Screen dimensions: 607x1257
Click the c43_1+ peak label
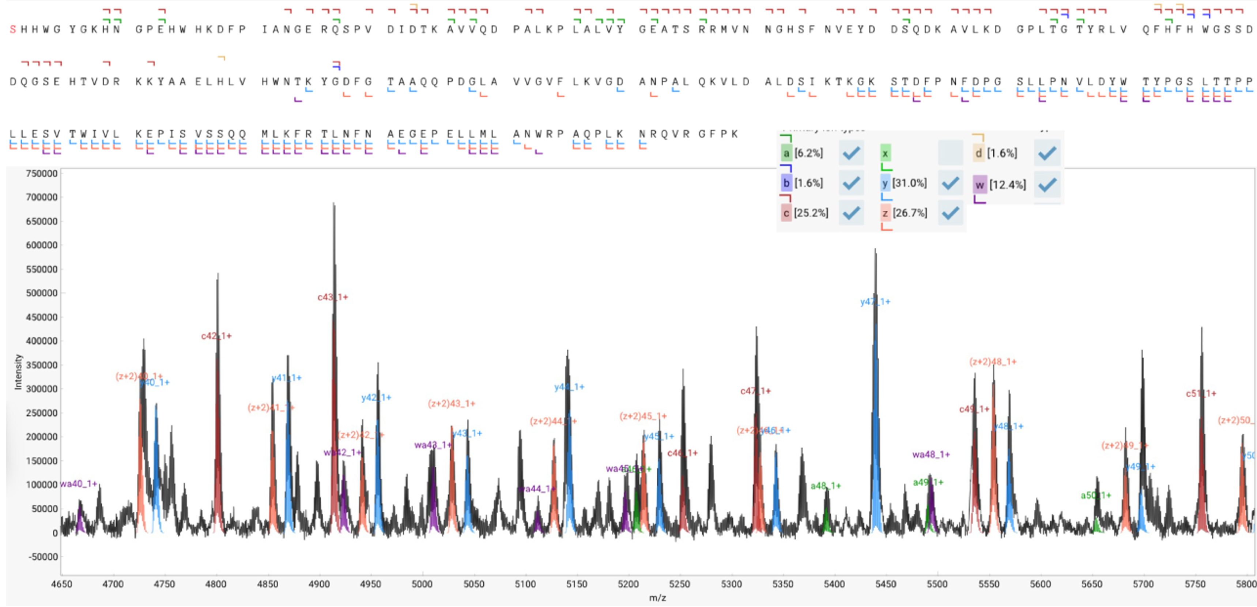332,297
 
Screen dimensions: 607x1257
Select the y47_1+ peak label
875,302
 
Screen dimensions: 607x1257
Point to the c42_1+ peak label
216,336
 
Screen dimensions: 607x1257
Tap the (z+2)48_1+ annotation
993,362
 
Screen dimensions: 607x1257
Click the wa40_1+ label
79,483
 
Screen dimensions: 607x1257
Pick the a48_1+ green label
826,486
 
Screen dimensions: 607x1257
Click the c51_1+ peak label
1201,393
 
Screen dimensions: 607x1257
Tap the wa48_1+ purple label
931,454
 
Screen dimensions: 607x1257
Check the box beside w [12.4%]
1047,184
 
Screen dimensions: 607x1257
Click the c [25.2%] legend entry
805,213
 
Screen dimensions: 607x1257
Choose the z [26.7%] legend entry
904,213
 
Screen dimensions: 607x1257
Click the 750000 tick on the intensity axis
41,174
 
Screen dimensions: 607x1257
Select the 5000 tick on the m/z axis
422,584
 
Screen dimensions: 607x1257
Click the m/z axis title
657,598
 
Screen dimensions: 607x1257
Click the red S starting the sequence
13,30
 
